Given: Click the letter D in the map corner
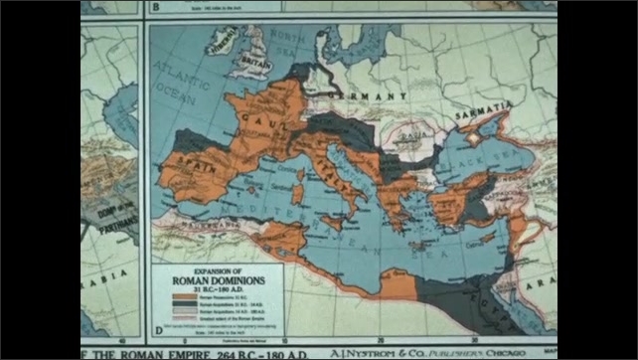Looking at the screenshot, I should pos(157,326).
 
